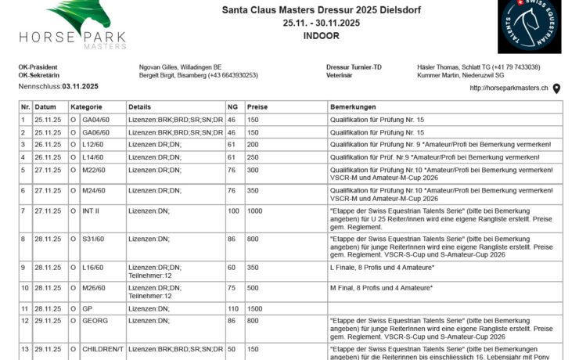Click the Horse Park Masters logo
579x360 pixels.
pos(74,25)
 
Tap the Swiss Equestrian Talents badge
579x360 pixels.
pos(529,27)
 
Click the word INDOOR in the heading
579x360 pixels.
pos(321,36)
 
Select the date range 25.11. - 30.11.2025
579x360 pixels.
pos(321,23)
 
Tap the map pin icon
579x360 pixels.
pos(556,88)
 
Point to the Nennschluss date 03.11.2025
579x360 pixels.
pos(80,86)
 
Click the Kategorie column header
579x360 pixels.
pos(87,106)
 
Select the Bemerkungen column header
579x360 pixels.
pos(354,106)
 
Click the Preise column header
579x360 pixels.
pos(257,106)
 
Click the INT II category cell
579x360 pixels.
pos(92,211)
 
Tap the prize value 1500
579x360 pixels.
pos(255,309)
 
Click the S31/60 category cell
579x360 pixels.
pos(95,239)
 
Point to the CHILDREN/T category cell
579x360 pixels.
pos(102,348)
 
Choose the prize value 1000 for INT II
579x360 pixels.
pos(255,211)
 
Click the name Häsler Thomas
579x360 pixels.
pos(442,67)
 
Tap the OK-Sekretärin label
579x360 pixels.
pos(38,75)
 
